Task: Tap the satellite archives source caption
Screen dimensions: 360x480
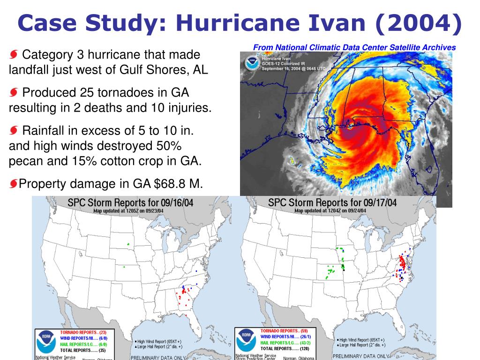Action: (354, 47)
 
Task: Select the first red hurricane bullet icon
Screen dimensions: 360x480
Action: (14, 55)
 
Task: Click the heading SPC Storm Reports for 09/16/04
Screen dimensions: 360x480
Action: (130, 203)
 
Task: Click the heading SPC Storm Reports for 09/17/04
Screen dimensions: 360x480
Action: (332, 203)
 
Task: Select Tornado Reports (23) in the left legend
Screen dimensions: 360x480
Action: (83, 332)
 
